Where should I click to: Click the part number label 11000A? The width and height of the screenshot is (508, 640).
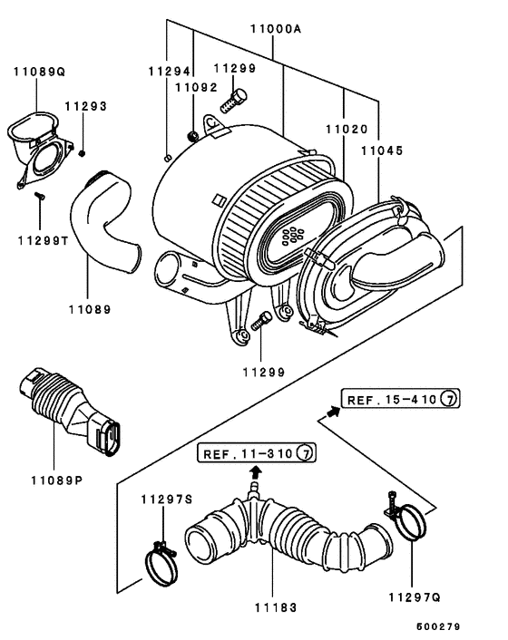pyautogui.click(x=276, y=29)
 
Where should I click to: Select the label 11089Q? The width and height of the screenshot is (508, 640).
pyautogui.click(x=39, y=72)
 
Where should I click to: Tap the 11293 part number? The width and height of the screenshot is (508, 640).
pyautogui.click(x=86, y=106)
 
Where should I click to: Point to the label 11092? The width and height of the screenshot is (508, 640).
pyautogui.click(x=197, y=87)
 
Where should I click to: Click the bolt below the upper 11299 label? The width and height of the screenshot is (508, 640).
pyautogui.click(x=234, y=102)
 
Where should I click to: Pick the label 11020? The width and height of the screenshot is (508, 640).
pyautogui.click(x=347, y=129)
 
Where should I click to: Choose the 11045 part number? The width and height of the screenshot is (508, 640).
pyautogui.click(x=382, y=150)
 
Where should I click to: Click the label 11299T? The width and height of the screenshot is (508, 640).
pyautogui.click(x=44, y=241)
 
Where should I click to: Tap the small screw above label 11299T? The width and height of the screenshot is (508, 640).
pyautogui.click(x=40, y=196)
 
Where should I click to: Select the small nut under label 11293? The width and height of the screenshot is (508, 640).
pyautogui.click(x=82, y=153)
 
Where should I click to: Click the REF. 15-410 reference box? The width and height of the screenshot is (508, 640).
pyautogui.click(x=400, y=398)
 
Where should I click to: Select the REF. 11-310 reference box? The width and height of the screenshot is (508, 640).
pyautogui.click(x=257, y=452)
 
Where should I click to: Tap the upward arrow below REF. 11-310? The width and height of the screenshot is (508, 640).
pyautogui.click(x=256, y=472)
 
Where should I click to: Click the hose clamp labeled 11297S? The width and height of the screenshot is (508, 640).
pyautogui.click(x=161, y=564)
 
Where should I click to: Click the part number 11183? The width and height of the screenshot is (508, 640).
pyautogui.click(x=276, y=607)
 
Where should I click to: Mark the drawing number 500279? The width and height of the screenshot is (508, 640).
pyautogui.click(x=438, y=626)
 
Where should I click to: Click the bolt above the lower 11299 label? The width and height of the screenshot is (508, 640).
pyautogui.click(x=261, y=321)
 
